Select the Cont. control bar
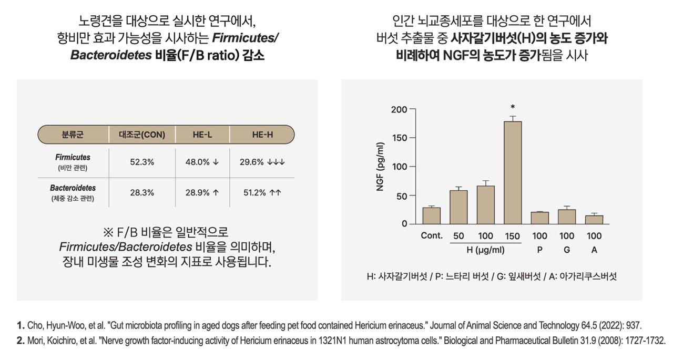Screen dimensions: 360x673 (431, 215)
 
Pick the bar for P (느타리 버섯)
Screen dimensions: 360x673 (539, 218)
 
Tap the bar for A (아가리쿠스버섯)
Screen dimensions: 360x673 (594, 220)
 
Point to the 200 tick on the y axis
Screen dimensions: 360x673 (399, 109)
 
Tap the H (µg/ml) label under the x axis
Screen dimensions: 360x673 (485, 250)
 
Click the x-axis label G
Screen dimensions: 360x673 (567, 250)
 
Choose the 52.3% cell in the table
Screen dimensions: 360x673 (142, 162)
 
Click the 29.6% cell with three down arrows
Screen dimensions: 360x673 (262, 162)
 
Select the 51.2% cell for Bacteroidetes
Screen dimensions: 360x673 (262, 192)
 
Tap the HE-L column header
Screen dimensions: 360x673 (202, 135)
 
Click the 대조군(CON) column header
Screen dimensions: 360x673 (142, 135)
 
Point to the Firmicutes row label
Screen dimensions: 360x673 (73, 157)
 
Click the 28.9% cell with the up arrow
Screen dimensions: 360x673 (202, 192)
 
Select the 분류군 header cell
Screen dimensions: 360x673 (73, 135)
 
